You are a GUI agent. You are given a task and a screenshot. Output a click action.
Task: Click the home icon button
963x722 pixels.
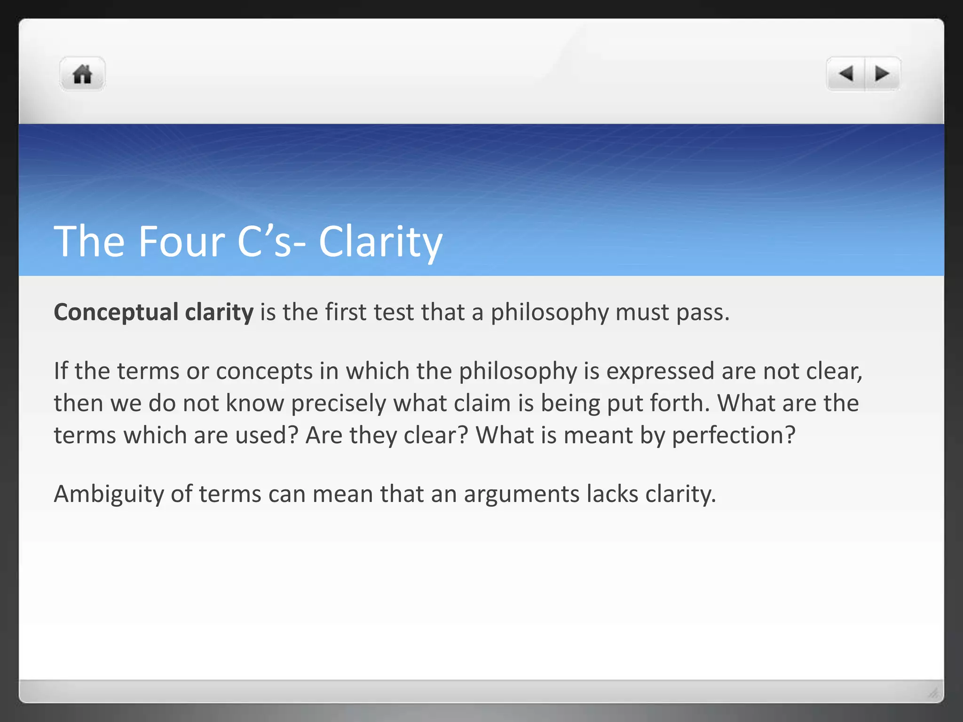pyautogui.click(x=82, y=74)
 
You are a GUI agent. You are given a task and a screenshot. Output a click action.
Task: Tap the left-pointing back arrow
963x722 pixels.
pyautogui.click(x=846, y=74)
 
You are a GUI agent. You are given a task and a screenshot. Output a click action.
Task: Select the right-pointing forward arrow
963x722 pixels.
pyautogui.click(x=882, y=74)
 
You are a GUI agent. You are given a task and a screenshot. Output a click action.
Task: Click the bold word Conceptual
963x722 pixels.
pyautogui.click(x=116, y=313)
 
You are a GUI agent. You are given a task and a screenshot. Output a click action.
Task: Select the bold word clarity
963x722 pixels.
pyautogui.click(x=219, y=313)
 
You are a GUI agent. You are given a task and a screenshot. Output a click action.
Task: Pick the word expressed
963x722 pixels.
pyautogui.click(x=660, y=371)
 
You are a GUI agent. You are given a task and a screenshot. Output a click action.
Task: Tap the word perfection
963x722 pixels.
pyautogui.click(x=733, y=436)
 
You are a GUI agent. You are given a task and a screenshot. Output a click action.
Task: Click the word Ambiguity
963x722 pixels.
pyautogui.click(x=109, y=494)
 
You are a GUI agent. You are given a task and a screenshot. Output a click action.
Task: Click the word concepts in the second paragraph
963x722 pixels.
pyautogui.click(x=264, y=371)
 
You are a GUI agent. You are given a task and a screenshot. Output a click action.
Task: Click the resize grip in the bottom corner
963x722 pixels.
pyautogui.click(x=933, y=693)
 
